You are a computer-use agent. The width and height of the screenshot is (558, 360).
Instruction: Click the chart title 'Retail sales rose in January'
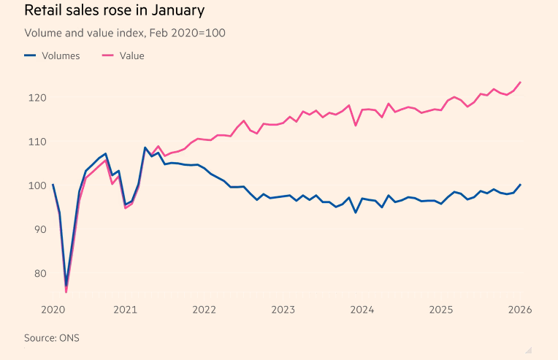click(114, 11)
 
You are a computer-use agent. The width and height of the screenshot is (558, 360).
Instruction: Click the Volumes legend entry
click(53, 55)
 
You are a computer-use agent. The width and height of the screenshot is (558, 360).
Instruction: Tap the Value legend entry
click(122, 55)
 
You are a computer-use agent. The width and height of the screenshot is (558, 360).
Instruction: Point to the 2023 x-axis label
click(283, 309)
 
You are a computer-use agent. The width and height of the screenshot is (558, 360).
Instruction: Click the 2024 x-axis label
click(362, 309)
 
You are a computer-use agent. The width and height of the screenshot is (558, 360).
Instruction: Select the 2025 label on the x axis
click(441, 309)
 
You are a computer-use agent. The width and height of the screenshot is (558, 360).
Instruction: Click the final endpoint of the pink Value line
click(520, 82)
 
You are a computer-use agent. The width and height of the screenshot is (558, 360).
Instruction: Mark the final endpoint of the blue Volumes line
click(520, 185)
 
